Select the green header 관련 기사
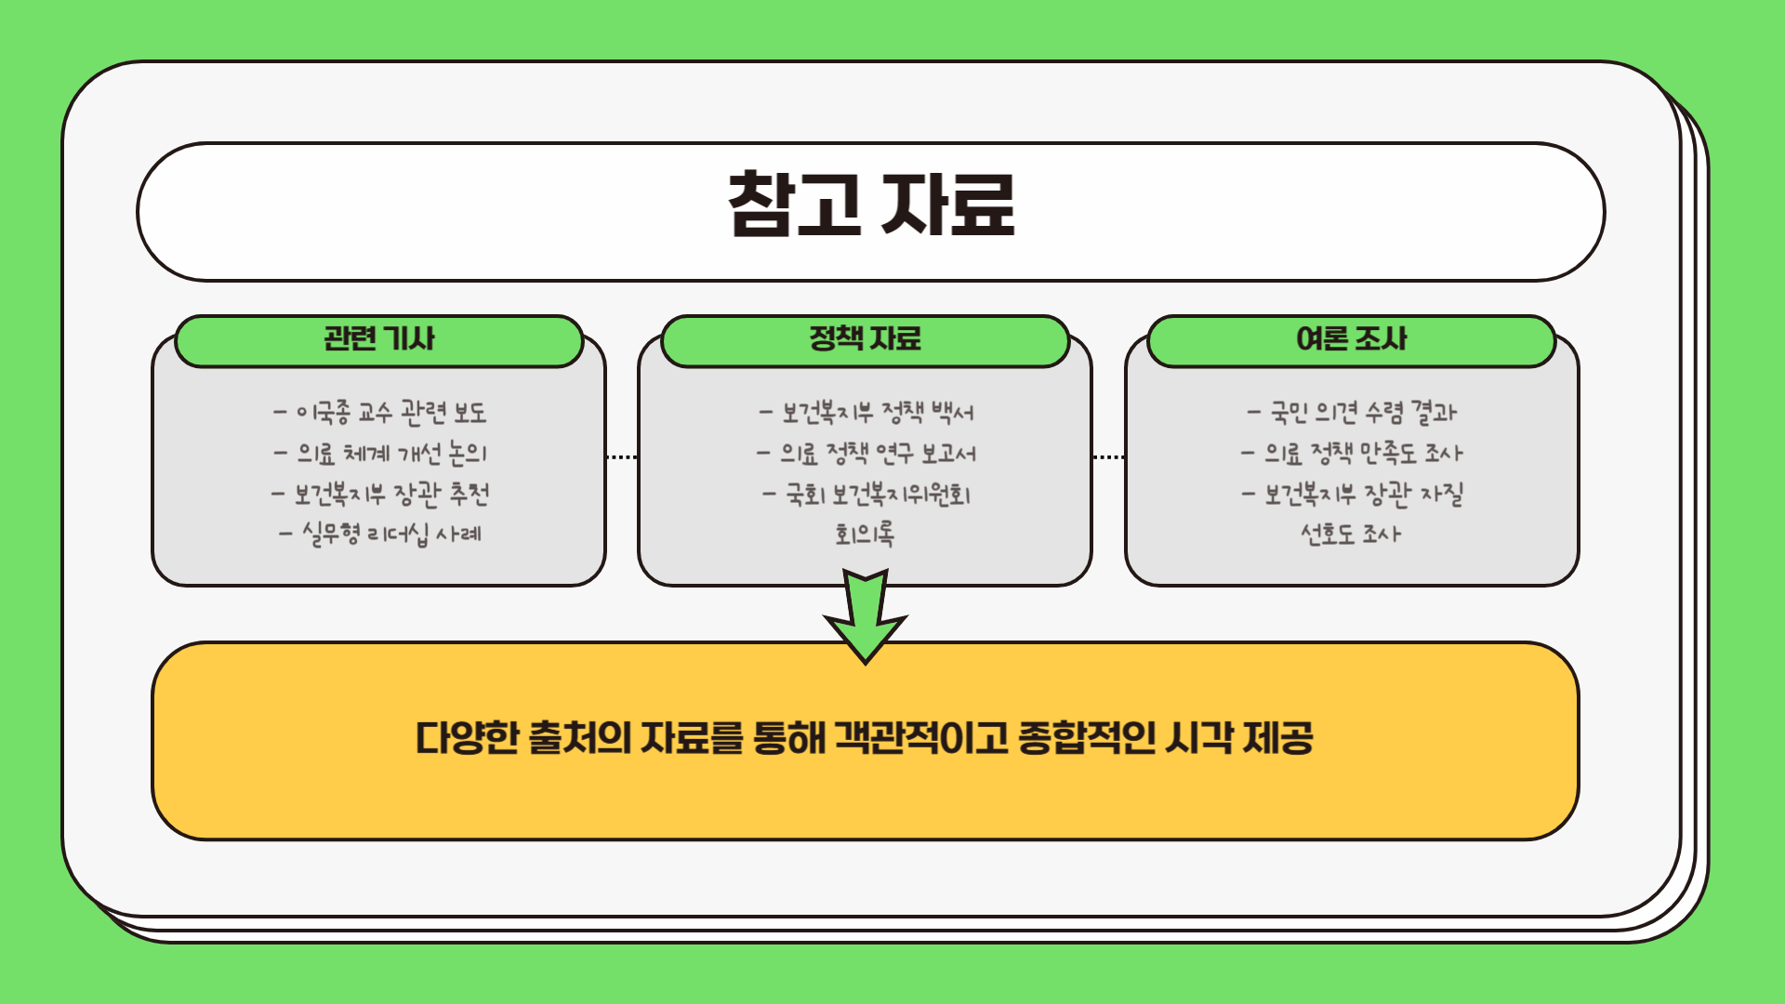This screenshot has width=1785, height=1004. coord(378,339)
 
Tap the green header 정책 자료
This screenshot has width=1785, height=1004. coord(865,339)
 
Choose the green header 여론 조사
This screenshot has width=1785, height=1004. coord(1351,339)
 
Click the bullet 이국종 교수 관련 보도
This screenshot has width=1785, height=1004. coord(379,412)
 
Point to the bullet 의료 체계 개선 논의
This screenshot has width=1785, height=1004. coord(379,454)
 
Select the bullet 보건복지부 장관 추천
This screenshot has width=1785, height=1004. coord(379,494)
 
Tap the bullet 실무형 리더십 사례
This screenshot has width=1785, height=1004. coord(379,535)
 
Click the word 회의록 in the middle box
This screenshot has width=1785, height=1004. coord(865,535)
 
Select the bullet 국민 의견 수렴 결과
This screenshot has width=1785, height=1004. coord(1353,412)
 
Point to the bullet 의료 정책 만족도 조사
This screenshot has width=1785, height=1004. coord(1353,454)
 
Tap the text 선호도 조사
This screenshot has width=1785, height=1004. coord(1351,535)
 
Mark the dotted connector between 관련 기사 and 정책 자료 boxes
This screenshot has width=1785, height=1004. coord(622,457)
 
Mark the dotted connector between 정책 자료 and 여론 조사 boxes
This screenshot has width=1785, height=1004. coord(1108,457)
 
